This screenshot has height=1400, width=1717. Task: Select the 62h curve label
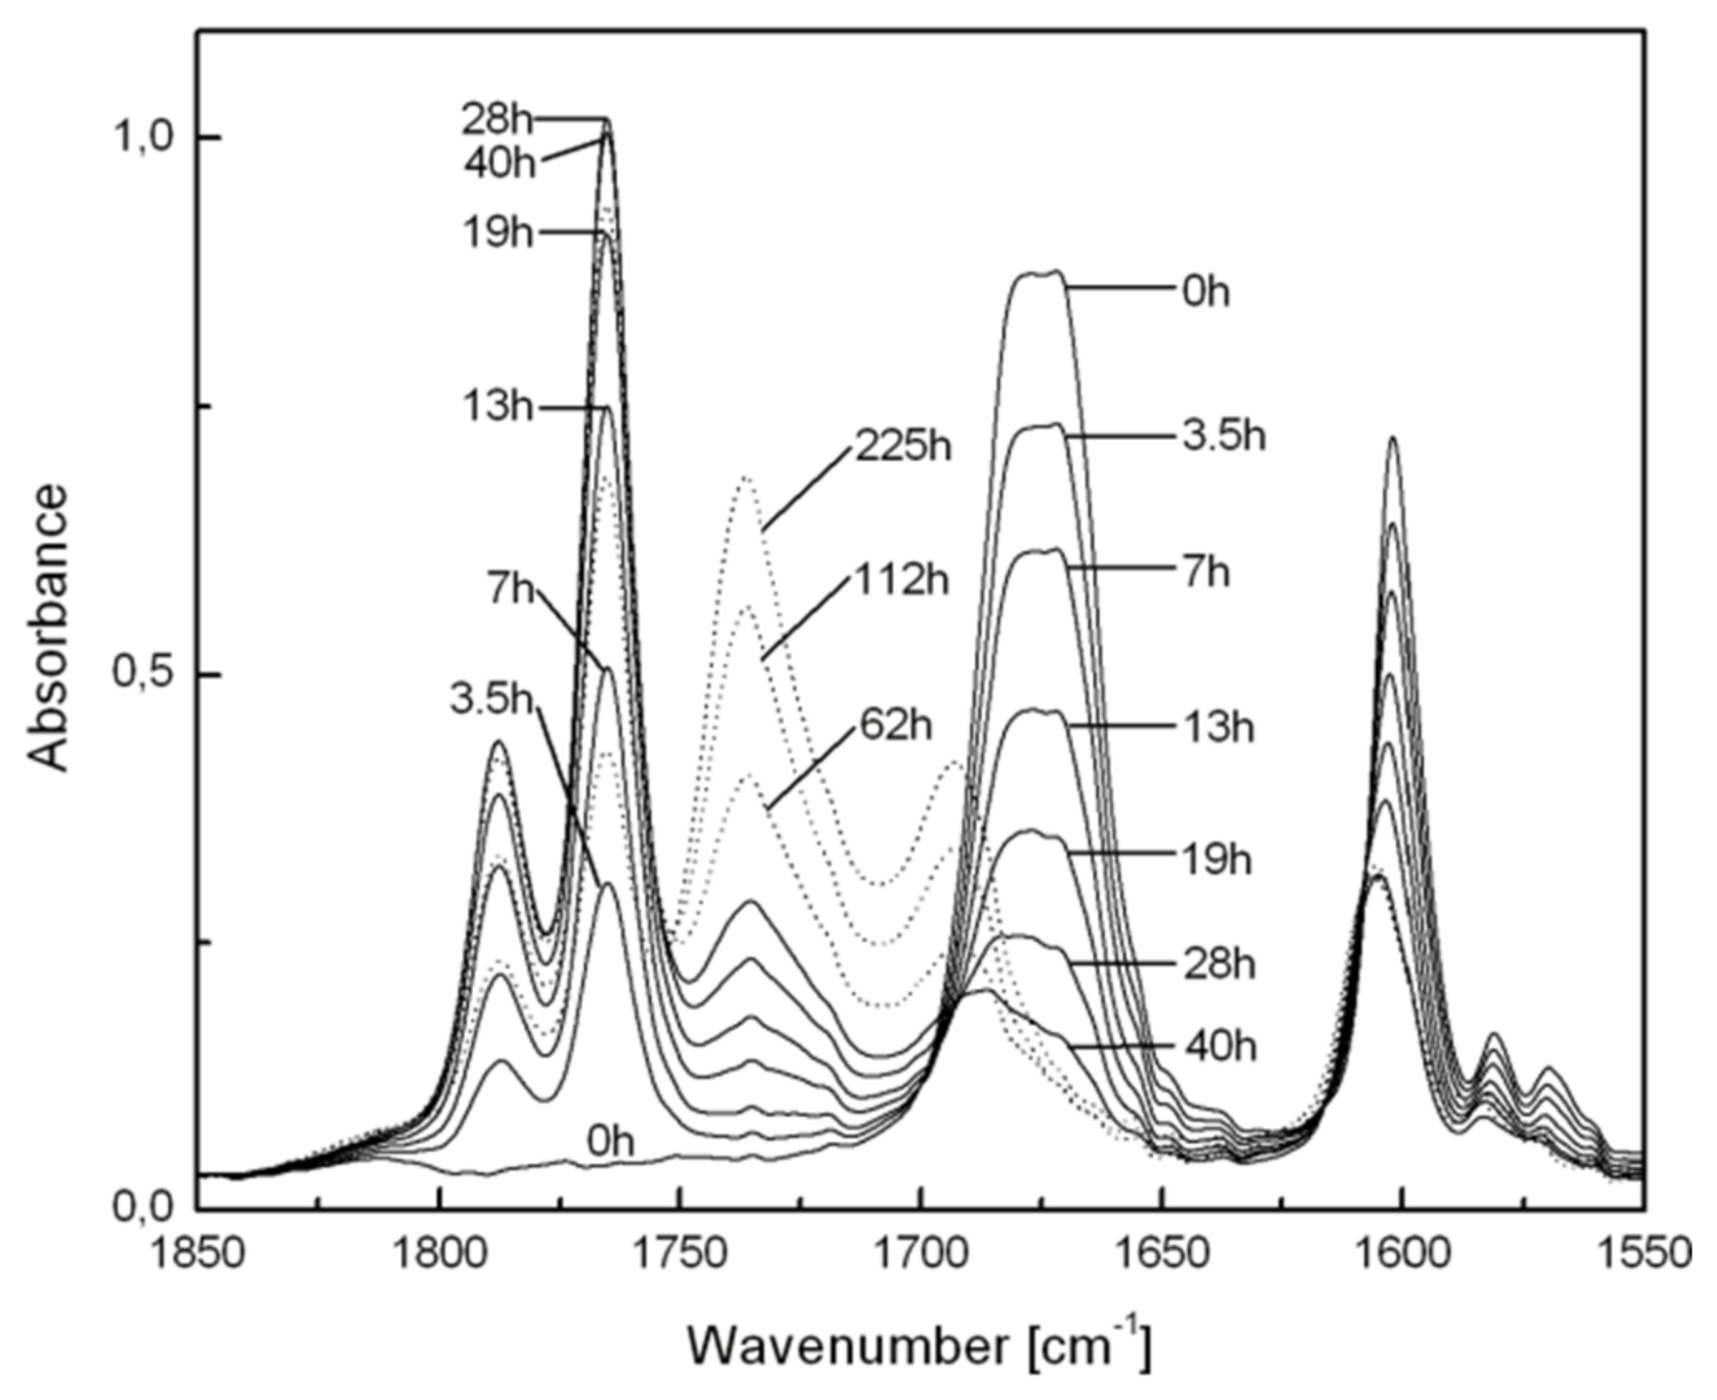coord(896,726)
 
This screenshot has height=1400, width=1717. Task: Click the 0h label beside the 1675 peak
coord(1205,293)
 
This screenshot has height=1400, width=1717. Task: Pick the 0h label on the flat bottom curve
coord(610,1142)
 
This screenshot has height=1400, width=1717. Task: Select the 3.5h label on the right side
coord(1224,436)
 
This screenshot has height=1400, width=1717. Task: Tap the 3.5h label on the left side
coord(491,700)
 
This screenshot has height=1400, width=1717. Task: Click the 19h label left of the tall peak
coord(497,234)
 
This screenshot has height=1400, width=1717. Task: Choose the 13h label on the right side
coord(1217,728)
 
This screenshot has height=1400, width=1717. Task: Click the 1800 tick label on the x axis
coord(438,1255)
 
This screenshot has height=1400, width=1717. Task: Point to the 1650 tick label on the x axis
coord(1162,1255)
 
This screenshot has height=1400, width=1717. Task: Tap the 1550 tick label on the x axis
coord(1642,1255)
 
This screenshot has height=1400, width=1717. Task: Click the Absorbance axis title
coord(47,628)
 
